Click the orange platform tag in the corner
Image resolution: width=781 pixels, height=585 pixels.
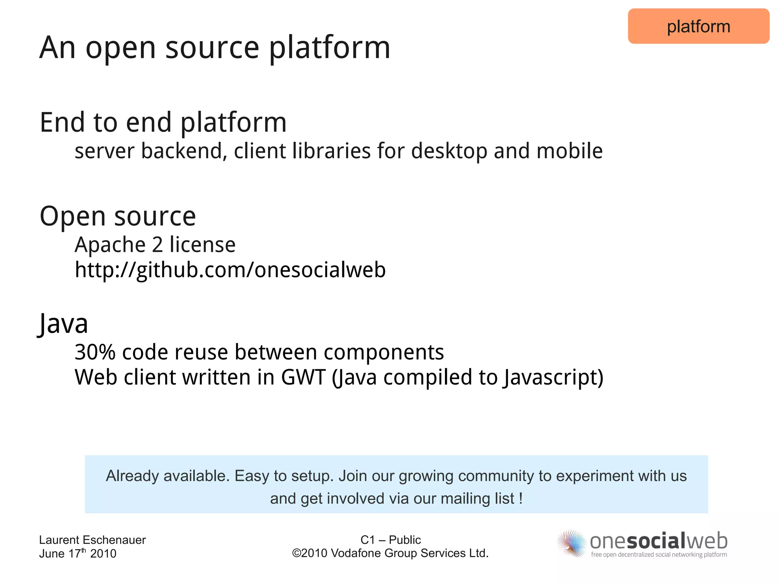[x=698, y=26]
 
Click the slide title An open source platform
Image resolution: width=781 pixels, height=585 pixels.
[x=215, y=48]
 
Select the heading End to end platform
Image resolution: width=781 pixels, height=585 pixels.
[x=163, y=123]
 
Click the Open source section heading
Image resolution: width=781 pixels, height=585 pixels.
[x=117, y=216]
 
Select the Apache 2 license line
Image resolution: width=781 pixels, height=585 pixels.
[x=155, y=245]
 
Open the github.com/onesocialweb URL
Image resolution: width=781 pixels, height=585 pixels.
[x=230, y=270]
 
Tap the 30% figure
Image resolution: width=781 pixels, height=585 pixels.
[x=95, y=352]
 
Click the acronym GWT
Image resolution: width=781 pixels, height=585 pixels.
[x=303, y=377]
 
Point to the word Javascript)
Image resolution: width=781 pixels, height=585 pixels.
[x=553, y=377]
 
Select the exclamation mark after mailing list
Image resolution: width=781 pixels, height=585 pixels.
[x=521, y=498]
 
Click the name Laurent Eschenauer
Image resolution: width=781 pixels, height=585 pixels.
[x=92, y=540]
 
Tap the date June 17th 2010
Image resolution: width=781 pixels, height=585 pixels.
[x=77, y=553]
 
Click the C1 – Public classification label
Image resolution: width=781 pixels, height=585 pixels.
[x=390, y=540]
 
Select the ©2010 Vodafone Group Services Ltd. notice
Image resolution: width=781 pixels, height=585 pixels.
[x=390, y=553]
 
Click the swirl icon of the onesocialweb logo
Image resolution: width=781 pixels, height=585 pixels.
[x=571, y=543]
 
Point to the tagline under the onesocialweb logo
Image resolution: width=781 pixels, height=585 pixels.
[x=659, y=555]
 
